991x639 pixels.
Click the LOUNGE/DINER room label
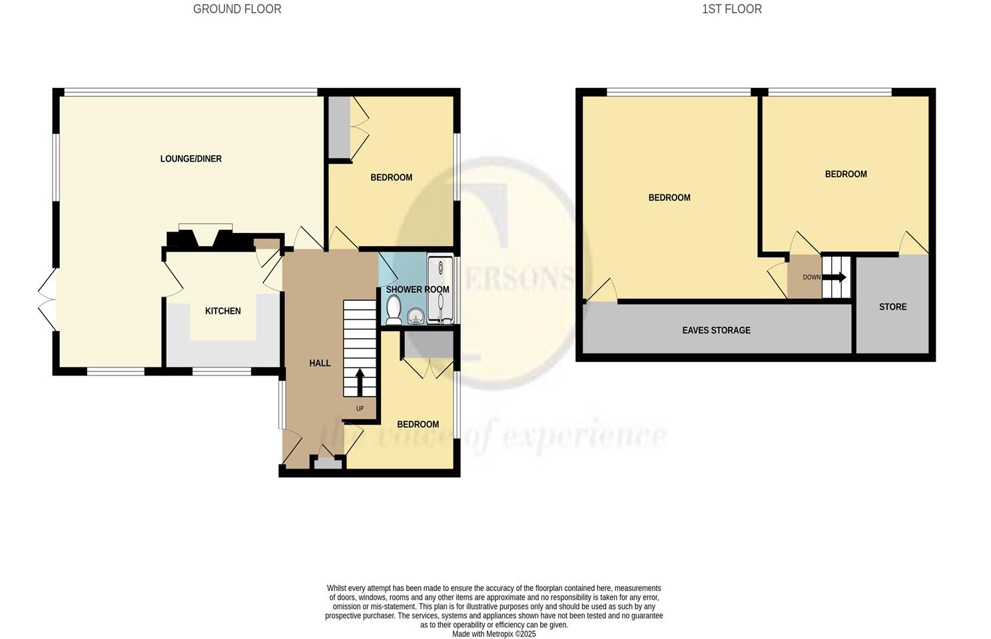(x=190, y=159)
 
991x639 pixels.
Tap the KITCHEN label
(x=222, y=311)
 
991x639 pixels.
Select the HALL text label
(x=320, y=363)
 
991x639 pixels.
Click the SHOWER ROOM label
(x=418, y=290)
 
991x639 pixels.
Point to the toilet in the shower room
(x=394, y=310)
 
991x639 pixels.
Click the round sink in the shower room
(x=416, y=316)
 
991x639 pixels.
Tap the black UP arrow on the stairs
(x=360, y=382)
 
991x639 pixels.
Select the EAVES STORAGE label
(x=716, y=330)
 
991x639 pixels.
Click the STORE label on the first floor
(x=892, y=307)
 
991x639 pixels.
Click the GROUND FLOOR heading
(x=237, y=9)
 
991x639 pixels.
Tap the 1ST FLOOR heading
(x=731, y=9)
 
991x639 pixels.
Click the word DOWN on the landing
(x=811, y=277)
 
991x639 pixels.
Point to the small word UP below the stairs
(x=360, y=409)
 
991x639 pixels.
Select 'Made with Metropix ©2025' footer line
(x=494, y=634)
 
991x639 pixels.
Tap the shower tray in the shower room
(x=440, y=290)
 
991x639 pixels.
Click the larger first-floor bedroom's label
(x=669, y=198)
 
